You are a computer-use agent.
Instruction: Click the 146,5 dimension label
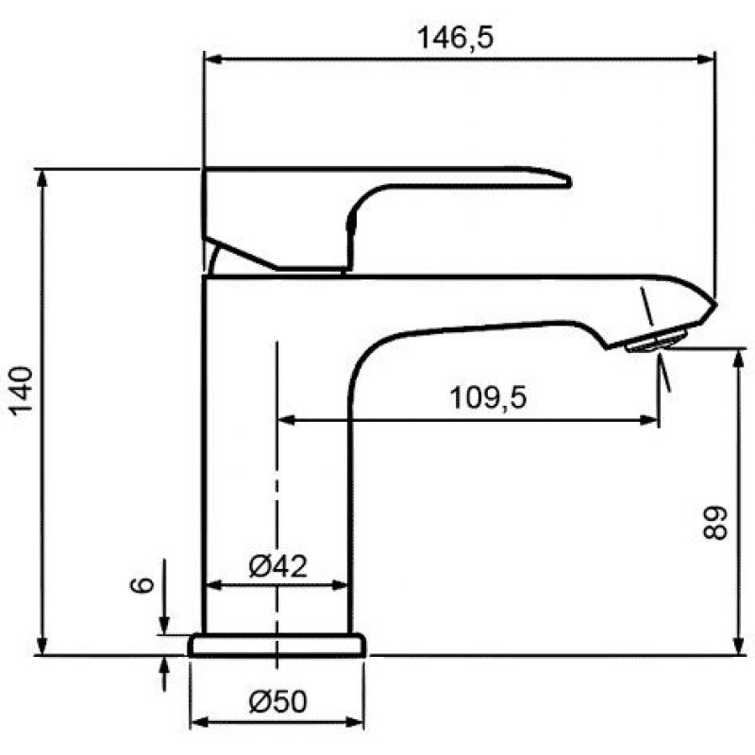(x=455, y=38)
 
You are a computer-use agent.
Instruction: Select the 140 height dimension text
(x=22, y=391)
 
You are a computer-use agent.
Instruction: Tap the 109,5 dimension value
(x=488, y=397)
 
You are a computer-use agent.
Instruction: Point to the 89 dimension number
(x=714, y=523)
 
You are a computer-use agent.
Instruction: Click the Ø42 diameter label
(x=277, y=566)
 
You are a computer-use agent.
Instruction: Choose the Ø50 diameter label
(x=277, y=701)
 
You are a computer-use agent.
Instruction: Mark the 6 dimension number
(x=143, y=584)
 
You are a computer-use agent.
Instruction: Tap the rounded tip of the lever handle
(x=568, y=181)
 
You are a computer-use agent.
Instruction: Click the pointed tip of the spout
(x=716, y=304)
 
